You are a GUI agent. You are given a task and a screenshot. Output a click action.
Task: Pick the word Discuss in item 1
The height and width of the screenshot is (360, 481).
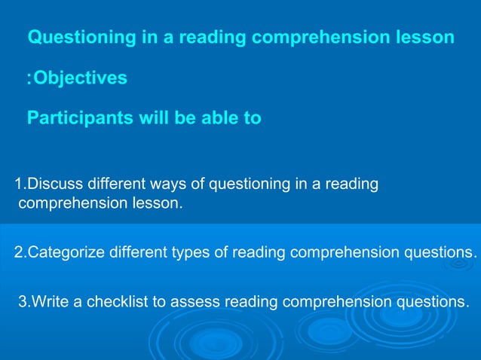(x=56, y=184)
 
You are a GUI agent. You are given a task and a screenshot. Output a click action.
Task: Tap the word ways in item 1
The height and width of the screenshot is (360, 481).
(x=185, y=184)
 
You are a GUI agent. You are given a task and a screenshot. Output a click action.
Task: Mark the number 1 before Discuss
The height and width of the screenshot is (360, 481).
(x=19, y=184)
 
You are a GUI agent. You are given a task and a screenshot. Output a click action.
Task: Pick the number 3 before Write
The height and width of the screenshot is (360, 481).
(x=22, y=302)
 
